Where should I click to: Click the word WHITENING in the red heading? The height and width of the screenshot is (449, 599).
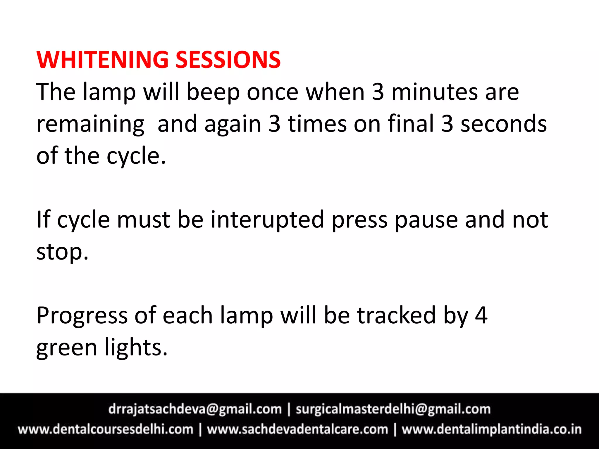click(102, 60)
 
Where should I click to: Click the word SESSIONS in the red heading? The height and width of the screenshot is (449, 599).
click(228, 60)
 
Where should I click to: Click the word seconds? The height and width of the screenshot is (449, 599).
click(504, 124)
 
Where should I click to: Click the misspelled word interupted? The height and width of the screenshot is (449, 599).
click(267, 220)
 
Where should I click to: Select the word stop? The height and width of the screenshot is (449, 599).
click(62, 252)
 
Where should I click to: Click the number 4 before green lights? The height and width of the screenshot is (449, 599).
click(481, 316)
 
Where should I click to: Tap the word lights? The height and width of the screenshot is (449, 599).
click(136, 348)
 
